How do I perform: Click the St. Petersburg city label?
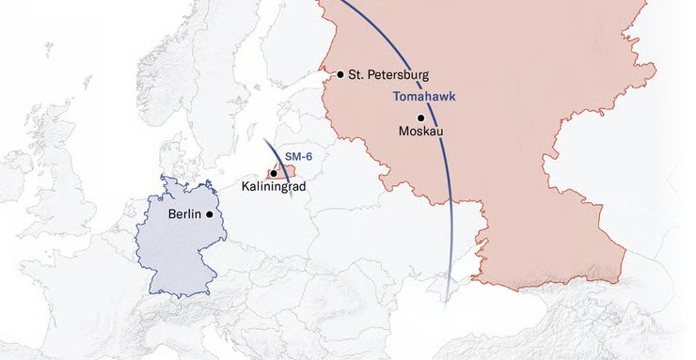(388, 74)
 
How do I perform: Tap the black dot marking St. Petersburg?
(340, 74)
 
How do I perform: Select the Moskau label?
(421, 131)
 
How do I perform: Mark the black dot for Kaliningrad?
(273, 173)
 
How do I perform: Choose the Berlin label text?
(185, 214)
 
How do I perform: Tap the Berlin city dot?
(209, 214)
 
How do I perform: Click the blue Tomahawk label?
(419, 97)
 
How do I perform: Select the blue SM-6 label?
(298, 153)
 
